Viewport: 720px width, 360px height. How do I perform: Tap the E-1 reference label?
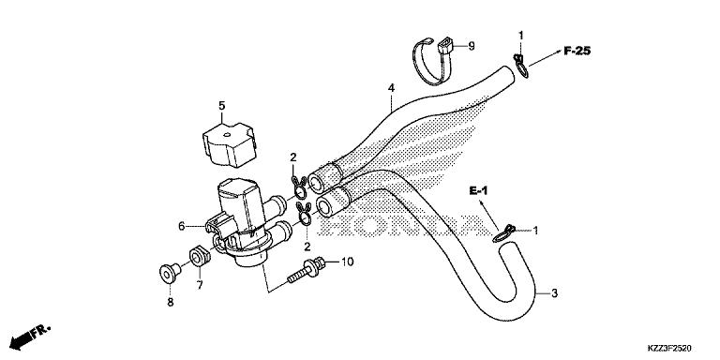481,190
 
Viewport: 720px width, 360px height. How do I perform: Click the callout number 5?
222,106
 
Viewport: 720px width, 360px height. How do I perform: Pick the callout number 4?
390,89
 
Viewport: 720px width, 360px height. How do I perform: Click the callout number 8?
170,303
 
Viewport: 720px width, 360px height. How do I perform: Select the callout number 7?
200,282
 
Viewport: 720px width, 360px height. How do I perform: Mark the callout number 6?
181,226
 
